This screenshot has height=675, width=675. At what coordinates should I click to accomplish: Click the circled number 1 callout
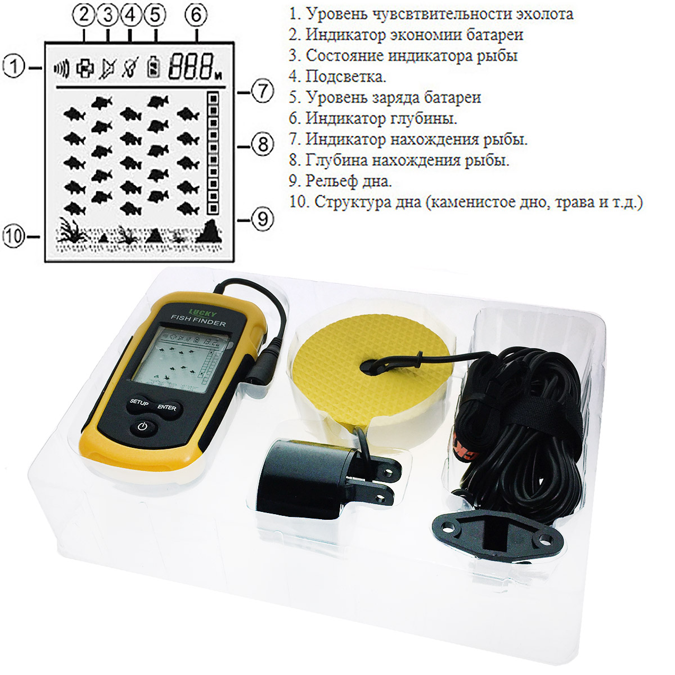13,67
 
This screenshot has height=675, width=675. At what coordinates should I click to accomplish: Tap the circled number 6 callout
196,15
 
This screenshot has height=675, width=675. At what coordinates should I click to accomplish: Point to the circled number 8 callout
263,145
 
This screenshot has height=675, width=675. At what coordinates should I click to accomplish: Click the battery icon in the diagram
154,66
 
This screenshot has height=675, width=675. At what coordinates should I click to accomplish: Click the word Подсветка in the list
345,76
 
